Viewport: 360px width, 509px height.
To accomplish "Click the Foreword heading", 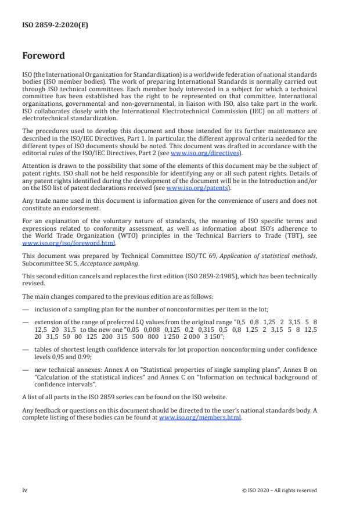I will (44, 56).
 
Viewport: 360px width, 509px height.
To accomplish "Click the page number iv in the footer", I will (25, 490).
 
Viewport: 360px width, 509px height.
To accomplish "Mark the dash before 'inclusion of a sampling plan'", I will (25, 310).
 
